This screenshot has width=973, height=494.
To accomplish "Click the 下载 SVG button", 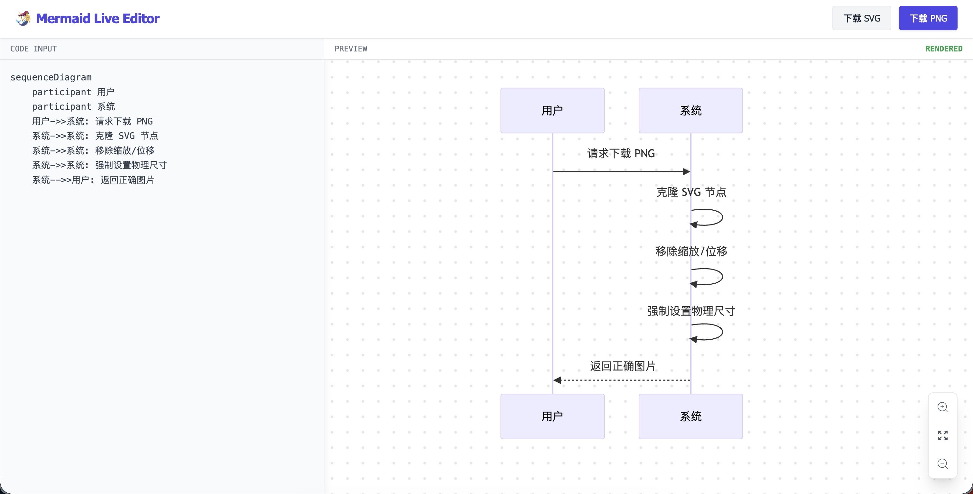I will tap(861, 18).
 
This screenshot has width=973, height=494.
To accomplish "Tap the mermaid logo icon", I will tap(23, 18).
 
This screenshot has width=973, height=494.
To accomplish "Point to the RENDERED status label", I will tap(943, 49).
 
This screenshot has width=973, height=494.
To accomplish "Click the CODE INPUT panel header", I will tap(33, 49).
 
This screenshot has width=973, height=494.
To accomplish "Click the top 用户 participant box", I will tap(552, 110).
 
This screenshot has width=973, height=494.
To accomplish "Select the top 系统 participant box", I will tap(690, 110).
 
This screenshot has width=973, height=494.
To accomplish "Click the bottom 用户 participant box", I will tap(552, 416).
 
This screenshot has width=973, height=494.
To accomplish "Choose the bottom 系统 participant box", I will tap(690, 416).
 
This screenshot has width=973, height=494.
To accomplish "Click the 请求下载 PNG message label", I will tap(621, 153).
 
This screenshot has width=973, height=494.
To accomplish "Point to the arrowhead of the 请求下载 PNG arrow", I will tap(686, 171).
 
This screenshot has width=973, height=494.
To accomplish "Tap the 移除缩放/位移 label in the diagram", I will tap(691, 251).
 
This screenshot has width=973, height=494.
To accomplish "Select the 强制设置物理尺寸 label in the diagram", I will tap(691, 311).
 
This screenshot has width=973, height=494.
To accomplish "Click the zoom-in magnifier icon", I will tap(942, 407).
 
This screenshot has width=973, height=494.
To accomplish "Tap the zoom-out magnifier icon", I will tap(942, 463).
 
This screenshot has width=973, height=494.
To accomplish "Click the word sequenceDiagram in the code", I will tap(51, 78).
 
